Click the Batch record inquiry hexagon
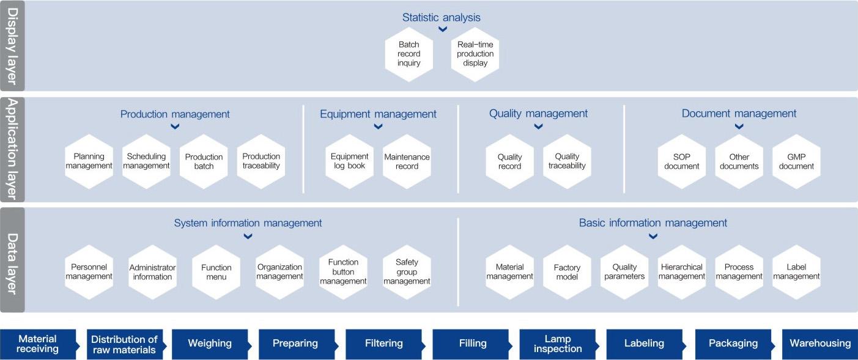[x=409, y=54]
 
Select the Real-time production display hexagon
[x=475, y=54]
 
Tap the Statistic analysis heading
[x=441, y=17]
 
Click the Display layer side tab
[x=12, y=46]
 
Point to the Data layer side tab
[x=12, y=260]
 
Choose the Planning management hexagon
[x=89, y=161]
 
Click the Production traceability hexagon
[x=261, y=161]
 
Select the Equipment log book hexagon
[x=349, y=161]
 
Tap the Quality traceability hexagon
[x=567, y=161]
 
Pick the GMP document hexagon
[x=796, y=161]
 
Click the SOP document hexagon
[x=682, y=161]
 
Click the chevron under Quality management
[x=538, y=127]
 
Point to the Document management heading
[x=739, y=114]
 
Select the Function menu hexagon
[x=216, y=272]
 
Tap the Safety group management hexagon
[x=407, y=272]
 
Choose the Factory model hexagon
[x=567, y=272]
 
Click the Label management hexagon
[x=796, y=272]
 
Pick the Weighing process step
[x=209, y=343]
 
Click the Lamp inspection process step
[x=557, y=343]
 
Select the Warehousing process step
[x=820, y=343]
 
